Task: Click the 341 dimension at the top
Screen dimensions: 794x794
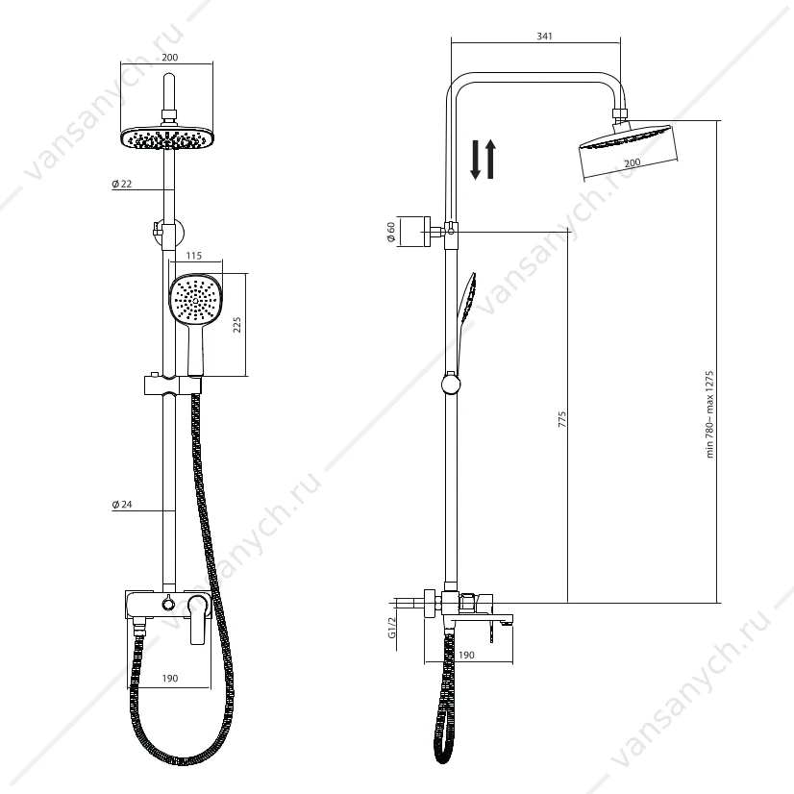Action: (544, 36)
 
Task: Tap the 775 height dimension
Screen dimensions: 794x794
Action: (562, 419)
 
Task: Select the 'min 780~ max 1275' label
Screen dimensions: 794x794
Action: (709, 414)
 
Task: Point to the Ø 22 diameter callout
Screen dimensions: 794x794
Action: (121, 184)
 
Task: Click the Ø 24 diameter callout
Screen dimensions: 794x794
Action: (121, 505)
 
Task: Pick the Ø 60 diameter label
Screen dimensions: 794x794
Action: (391, 232)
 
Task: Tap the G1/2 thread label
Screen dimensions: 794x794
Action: (392, 628)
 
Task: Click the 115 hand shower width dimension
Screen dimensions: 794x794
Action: (194, 256)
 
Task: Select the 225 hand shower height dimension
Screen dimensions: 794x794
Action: (237, 325)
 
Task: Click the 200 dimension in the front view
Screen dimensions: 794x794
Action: (169, 58)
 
